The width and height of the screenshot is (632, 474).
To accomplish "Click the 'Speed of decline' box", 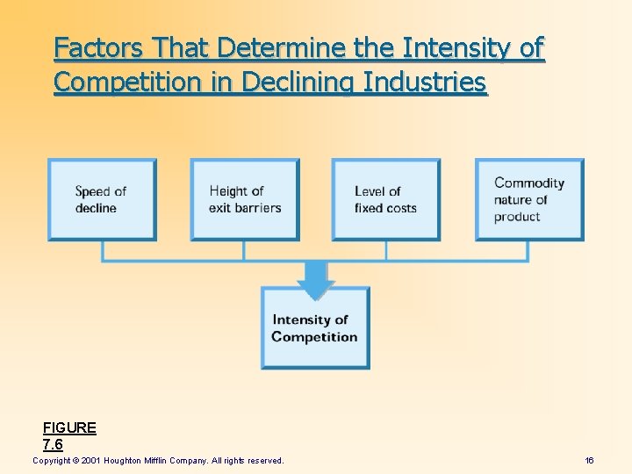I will point(102,199).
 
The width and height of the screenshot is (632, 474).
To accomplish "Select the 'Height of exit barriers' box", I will point(245,199).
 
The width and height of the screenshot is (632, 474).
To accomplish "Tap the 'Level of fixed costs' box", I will point(385,199).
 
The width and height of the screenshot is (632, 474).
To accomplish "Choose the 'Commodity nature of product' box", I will point(529,199).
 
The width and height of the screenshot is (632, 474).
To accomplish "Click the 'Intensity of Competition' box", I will point(315,327).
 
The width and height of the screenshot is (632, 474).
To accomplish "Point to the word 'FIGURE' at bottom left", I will point(69,427).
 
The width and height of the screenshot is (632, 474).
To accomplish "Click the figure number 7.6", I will point(53,444).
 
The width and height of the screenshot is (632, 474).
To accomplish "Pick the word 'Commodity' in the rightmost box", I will point(529,183).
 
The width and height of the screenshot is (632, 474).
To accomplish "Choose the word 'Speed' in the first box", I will point(92,191).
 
